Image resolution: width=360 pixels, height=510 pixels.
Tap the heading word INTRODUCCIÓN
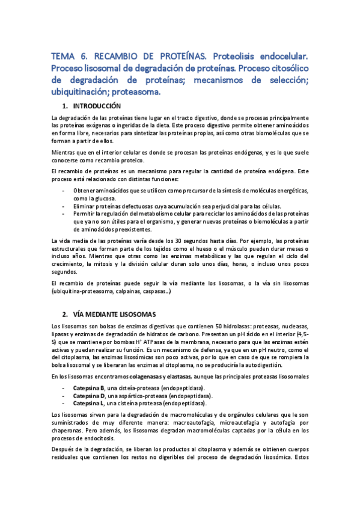[105, 106]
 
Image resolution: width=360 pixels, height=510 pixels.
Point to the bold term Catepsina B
[89, 387]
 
